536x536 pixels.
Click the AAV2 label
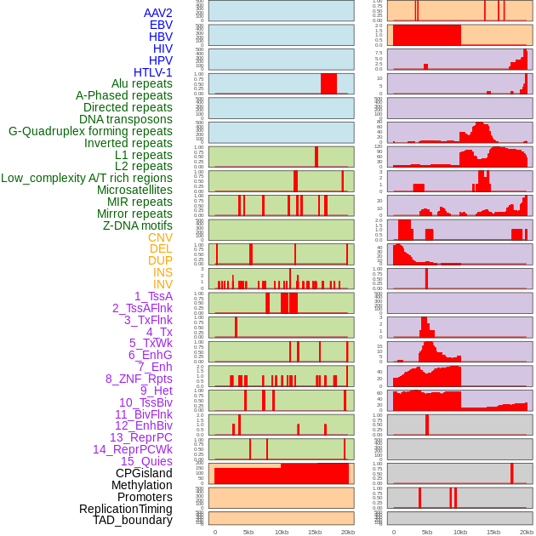pyautogui.click(x=157, y=13)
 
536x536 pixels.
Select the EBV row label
pyautogui.click(x=161, y=25)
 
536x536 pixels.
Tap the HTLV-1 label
pyautogui.click(x=152, y=72)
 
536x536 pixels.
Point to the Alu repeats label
pyautogui.click(x=141, y=83)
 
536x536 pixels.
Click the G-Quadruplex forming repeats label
pyautogui.click(x=90, y=131)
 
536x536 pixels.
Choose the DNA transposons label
pyautogui.click(x=126, y=119)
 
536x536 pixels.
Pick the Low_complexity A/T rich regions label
pyautogui.click(x=87, y=178)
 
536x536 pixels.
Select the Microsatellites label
pyautogui.click(x=134, y=190)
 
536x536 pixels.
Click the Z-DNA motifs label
pyautogui.click(x=138, y=225)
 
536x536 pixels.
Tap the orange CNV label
pyautogui.click(x=160, y=237)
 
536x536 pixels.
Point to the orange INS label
pyautogui.click(x=163, y=272)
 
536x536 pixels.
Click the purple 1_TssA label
pyautogui.click(x=153, y=296)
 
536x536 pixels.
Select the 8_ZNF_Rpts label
pyautogui.click(x=139, y=379)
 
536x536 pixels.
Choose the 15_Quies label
pyautogui.click(x=146, y=461)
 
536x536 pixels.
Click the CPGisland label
pyautogui.click(x=144, y=473)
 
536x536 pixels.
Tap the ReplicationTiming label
pyautogui.click(x=125, y=509)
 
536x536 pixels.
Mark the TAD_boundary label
pyautogui.click(x=133, y=520)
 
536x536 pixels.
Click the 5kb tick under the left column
pyautogui.click(x=248, y=532)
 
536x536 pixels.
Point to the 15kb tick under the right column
pyautogui.click(x=493, y=532)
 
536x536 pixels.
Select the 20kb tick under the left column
pyautogui.click(x=347, y=532)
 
